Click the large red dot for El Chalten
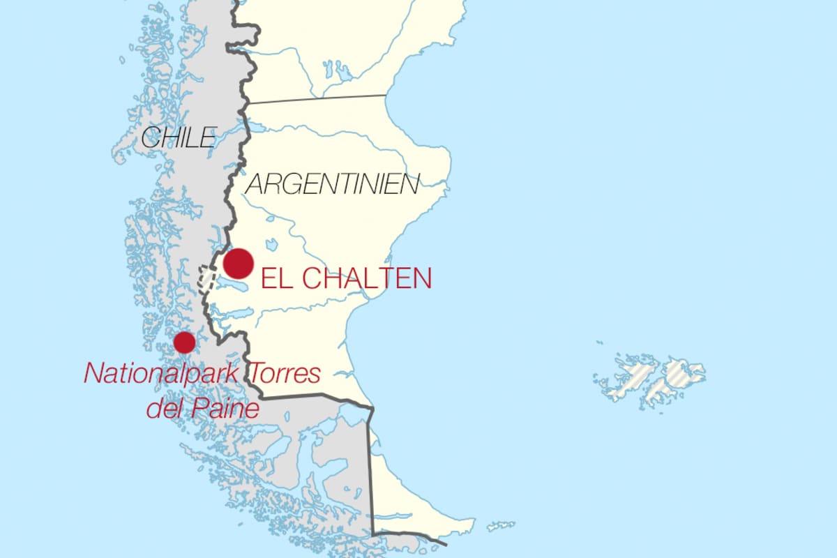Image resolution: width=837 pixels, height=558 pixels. click(238, 263)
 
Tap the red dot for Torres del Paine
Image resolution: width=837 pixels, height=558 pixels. click(184, 342)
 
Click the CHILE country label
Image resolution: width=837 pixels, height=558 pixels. click(179, 137)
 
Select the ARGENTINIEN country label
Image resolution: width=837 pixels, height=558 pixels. click(333, 184)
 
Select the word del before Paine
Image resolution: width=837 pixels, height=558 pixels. click(164, 408)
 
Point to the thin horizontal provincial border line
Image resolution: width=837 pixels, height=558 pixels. click(317, 99)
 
